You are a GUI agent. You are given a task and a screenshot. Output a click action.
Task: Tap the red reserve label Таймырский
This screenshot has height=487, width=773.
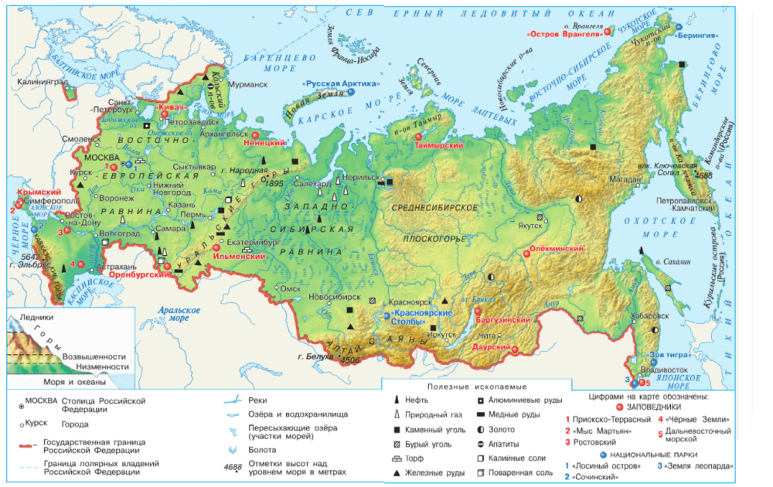[438, 145]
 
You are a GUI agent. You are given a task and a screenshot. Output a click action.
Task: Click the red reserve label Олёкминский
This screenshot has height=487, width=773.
[555, 250]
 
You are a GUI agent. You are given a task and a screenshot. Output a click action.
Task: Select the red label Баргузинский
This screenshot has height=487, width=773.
[503, 320]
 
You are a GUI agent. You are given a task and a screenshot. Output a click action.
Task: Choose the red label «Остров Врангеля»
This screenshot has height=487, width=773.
[564, 34]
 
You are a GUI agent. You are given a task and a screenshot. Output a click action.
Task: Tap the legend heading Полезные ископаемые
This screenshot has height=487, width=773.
[477, 386]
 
